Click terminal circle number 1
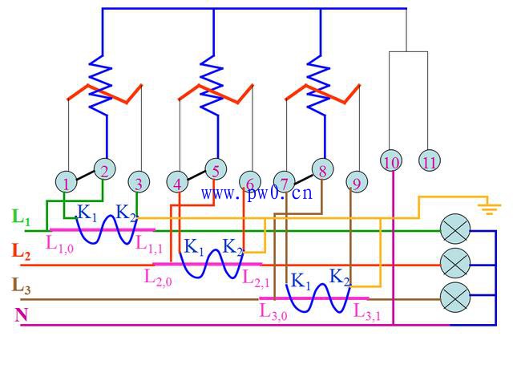(x=66, y=182)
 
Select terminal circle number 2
(x=105, y=169)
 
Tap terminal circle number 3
(x=139, y=182)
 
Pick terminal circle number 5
(x=216, y=169)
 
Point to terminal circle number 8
(x=322, y=169)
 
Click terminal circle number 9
(x=357, y=182)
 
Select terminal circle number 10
(x=391, y=160)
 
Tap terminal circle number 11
(x=430, y=160)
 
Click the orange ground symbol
(x=489, y=209)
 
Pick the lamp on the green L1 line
(x=455, y=229)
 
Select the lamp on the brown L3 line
(x=455, y=298)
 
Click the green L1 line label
(x=21, y=217)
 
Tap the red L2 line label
(x=21, y=252)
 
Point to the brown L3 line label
(x=22, y=286)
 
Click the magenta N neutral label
(x=22, y=314)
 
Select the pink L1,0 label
(x=59, y=244)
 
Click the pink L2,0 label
(x=158, y=278)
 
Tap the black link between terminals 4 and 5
(x=196, y=175)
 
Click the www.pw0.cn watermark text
(x=256, y=193)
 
